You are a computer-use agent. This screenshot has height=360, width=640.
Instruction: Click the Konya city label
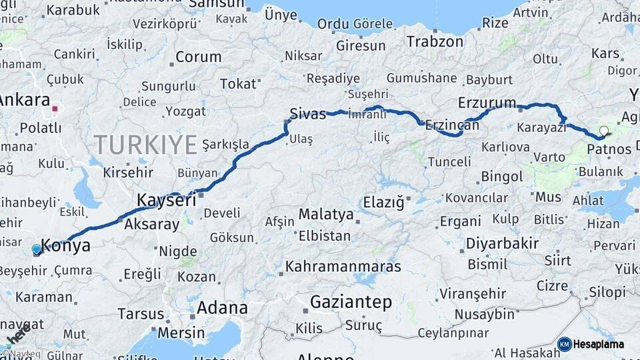coord(65,245)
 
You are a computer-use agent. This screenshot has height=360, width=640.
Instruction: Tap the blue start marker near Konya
coord(37,249)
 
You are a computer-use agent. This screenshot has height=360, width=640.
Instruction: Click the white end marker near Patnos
coord(604,131)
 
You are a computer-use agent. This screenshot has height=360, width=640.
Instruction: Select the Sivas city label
coord(307,113)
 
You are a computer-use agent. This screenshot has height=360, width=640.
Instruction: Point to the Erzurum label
coord(487,103)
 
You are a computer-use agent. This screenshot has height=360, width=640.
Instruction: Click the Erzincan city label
coord(452,125)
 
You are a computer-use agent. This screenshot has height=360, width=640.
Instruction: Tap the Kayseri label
coord(166,199)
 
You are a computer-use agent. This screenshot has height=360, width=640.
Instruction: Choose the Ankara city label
coord(25,101)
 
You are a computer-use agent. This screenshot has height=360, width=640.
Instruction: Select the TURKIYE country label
coord(145,144)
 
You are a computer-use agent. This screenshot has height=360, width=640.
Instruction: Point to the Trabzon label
coord(435,41)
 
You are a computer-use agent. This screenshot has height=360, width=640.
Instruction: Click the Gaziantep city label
coord(350,302)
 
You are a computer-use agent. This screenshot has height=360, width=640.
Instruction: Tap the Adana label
coord(222,308)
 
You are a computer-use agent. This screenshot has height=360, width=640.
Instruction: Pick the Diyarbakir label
coord(502,243)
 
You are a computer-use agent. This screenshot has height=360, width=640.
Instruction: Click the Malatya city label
coord(325,215)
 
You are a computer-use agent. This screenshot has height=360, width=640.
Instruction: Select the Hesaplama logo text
coord(599,345)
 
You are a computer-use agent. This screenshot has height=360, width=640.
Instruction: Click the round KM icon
coord(564,345)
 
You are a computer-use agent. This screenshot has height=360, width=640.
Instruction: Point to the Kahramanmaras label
coord(343,267)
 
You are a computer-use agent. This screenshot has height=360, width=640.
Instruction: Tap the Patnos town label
coord(609,149)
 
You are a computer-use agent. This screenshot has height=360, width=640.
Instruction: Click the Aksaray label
coord(152,224)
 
